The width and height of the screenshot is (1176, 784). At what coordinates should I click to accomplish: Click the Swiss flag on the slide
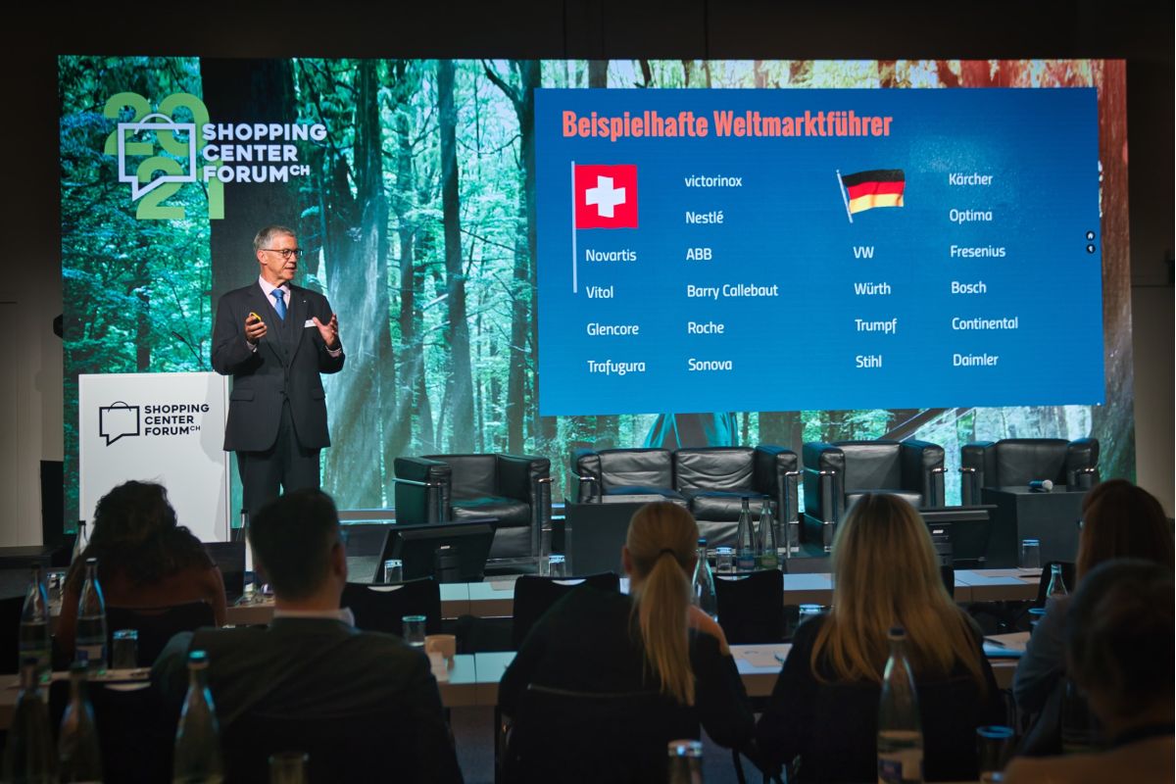coord(606,196)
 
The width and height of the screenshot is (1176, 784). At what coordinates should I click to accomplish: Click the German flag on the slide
coord(872,191)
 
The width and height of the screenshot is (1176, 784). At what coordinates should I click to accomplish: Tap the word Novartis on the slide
coord(611,256)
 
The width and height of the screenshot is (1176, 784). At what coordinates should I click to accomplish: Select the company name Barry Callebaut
coord(732,291)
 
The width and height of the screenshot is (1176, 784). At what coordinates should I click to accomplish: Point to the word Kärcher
coord(970,179)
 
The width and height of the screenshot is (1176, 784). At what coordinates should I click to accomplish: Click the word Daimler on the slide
coord(975,361)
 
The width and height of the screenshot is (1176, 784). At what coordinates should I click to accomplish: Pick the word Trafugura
coord(615,367)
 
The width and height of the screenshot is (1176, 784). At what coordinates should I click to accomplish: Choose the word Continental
coord(985,323)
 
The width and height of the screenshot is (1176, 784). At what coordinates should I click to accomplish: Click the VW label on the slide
coord(863,253)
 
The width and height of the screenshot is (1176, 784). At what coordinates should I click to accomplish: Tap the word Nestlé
coord(704,218)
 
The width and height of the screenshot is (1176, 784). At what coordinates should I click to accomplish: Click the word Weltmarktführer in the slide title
coord(803,125)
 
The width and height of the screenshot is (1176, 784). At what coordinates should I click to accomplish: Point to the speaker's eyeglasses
coord(283,253)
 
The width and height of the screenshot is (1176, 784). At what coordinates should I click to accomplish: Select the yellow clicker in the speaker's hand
coord(255,318)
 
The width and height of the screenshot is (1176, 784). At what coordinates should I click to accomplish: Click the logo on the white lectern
coord(154,422)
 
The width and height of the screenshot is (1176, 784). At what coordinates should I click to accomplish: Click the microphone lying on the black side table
coord(1040,485)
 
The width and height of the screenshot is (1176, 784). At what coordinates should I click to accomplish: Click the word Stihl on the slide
coord(868,362)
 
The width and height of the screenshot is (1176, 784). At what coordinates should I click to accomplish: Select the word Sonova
coord(710,365)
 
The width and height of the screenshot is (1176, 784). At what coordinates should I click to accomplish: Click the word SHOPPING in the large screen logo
coord(264,132)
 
